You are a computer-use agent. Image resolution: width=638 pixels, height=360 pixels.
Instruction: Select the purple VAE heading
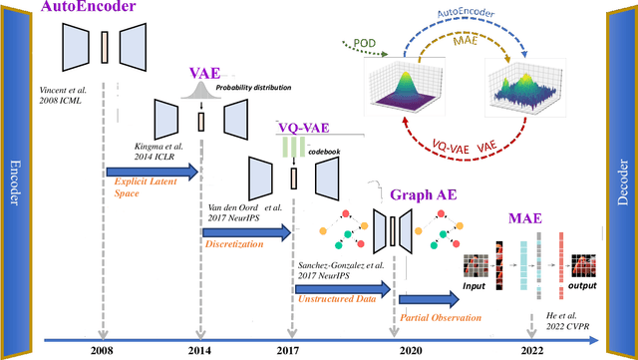coord(205,74)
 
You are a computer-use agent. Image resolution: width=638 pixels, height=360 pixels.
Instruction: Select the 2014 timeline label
coord(199,351)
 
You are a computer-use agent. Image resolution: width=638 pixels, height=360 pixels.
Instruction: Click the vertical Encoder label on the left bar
coord(15,180)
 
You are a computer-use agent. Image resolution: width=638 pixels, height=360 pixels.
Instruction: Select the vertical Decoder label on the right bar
coord(623,180)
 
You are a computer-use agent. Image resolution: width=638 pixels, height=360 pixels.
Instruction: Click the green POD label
coord(364,43)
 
